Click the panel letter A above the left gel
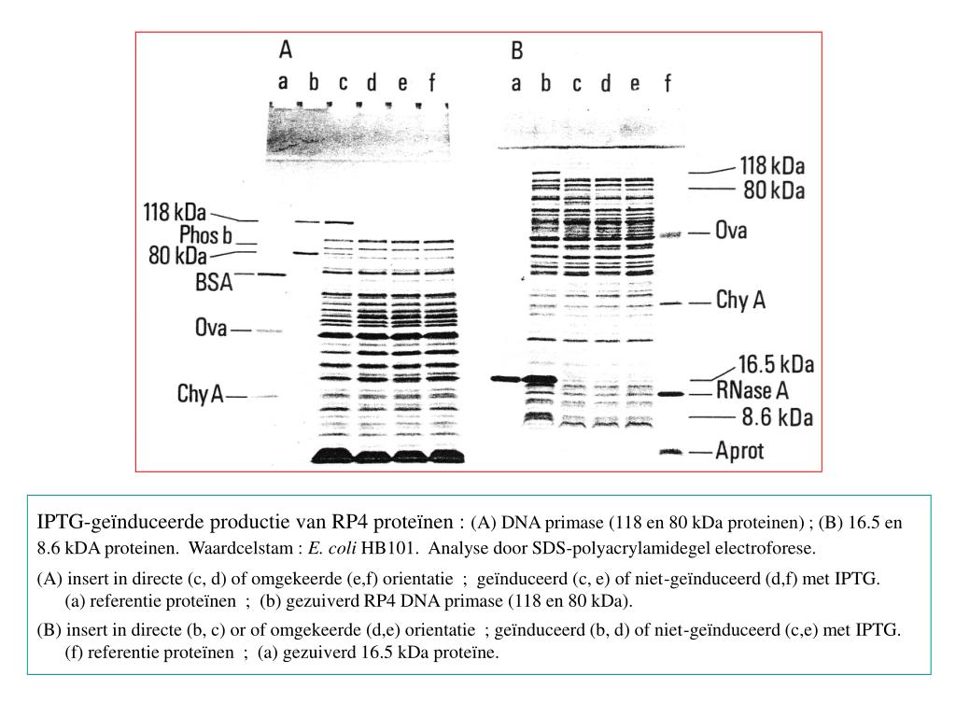[x=287, y=49]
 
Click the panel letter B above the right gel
[x=516, y=50]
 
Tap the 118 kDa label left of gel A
[x=175, y=212]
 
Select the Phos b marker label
[x=205, y=234]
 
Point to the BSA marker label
[x=214, y=281]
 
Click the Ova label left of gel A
[x=211, y=329]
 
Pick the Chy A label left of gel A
[x=200, y=395]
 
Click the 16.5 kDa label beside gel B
[x=775, y=363]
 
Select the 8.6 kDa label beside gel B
[x=776, y=416]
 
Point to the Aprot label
[x=739, y=452]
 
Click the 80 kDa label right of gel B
[x=773, y=190]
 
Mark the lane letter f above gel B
[x=668, y=84]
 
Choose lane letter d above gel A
[x=372, y=84]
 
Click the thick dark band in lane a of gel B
[x=505, y=378]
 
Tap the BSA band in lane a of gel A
[x=272, y=274]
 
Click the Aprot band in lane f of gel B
[x=668, y=452]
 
